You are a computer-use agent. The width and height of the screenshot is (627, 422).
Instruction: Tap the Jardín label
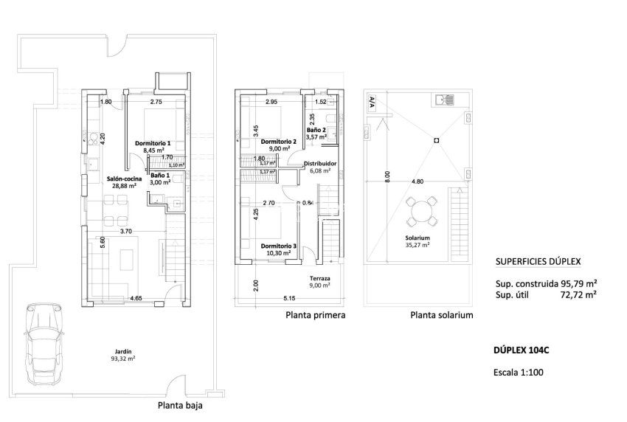[x=124, y=352]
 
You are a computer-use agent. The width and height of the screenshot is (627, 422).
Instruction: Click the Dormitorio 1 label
[x=153, y=143]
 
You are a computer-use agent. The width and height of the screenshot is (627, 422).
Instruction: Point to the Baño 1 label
[x=160, y=175]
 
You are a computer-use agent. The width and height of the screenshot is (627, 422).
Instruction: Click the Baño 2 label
[x=316, y=129]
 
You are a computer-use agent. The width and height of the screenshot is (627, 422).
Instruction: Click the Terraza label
[x=319, y=278]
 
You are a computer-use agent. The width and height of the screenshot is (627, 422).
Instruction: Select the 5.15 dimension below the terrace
[x=288, y=297]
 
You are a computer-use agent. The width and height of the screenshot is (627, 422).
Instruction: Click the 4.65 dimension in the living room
[x=136, y=297]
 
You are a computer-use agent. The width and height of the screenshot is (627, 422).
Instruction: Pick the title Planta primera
[x=315, y=315]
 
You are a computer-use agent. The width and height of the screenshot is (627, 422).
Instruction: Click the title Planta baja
[x=179, y=405]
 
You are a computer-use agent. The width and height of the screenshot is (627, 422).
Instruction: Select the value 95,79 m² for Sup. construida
[x=578, y=283]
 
